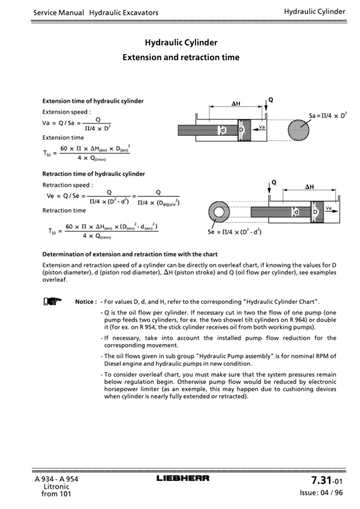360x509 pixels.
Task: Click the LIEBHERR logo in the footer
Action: coord(183,478)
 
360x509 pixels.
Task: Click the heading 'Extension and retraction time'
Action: coord(181,58)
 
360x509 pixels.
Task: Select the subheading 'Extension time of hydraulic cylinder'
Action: coord(93,101)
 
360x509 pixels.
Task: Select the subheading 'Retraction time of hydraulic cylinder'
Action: coord(94,174)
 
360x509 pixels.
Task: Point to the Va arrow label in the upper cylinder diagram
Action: coord(262,127)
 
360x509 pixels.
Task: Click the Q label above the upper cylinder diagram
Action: coord(271,100)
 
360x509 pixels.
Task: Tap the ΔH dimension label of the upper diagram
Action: coord(236,103)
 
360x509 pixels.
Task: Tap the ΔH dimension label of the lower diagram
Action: coord(310,186)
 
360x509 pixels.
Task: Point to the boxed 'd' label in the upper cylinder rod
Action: coord(223,129)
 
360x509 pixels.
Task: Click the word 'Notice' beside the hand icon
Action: coord(86,301)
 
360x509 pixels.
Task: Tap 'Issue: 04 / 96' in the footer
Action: coord(321,493)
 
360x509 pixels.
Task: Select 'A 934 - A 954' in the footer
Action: coord(56,479)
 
